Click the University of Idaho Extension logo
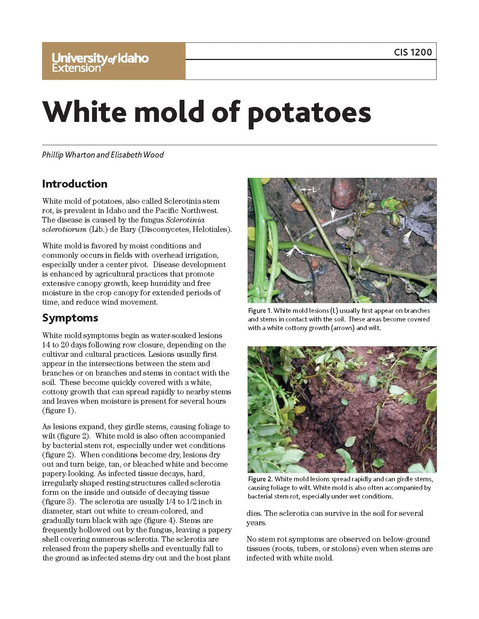[100, 62]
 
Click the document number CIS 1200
[413, 52]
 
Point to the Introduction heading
[75, 184]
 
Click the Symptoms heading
[70, 318]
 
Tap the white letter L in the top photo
[314, 190]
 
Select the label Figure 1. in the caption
[260, 311]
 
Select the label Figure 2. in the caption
[260, 479]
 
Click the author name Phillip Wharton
[68, 155]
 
